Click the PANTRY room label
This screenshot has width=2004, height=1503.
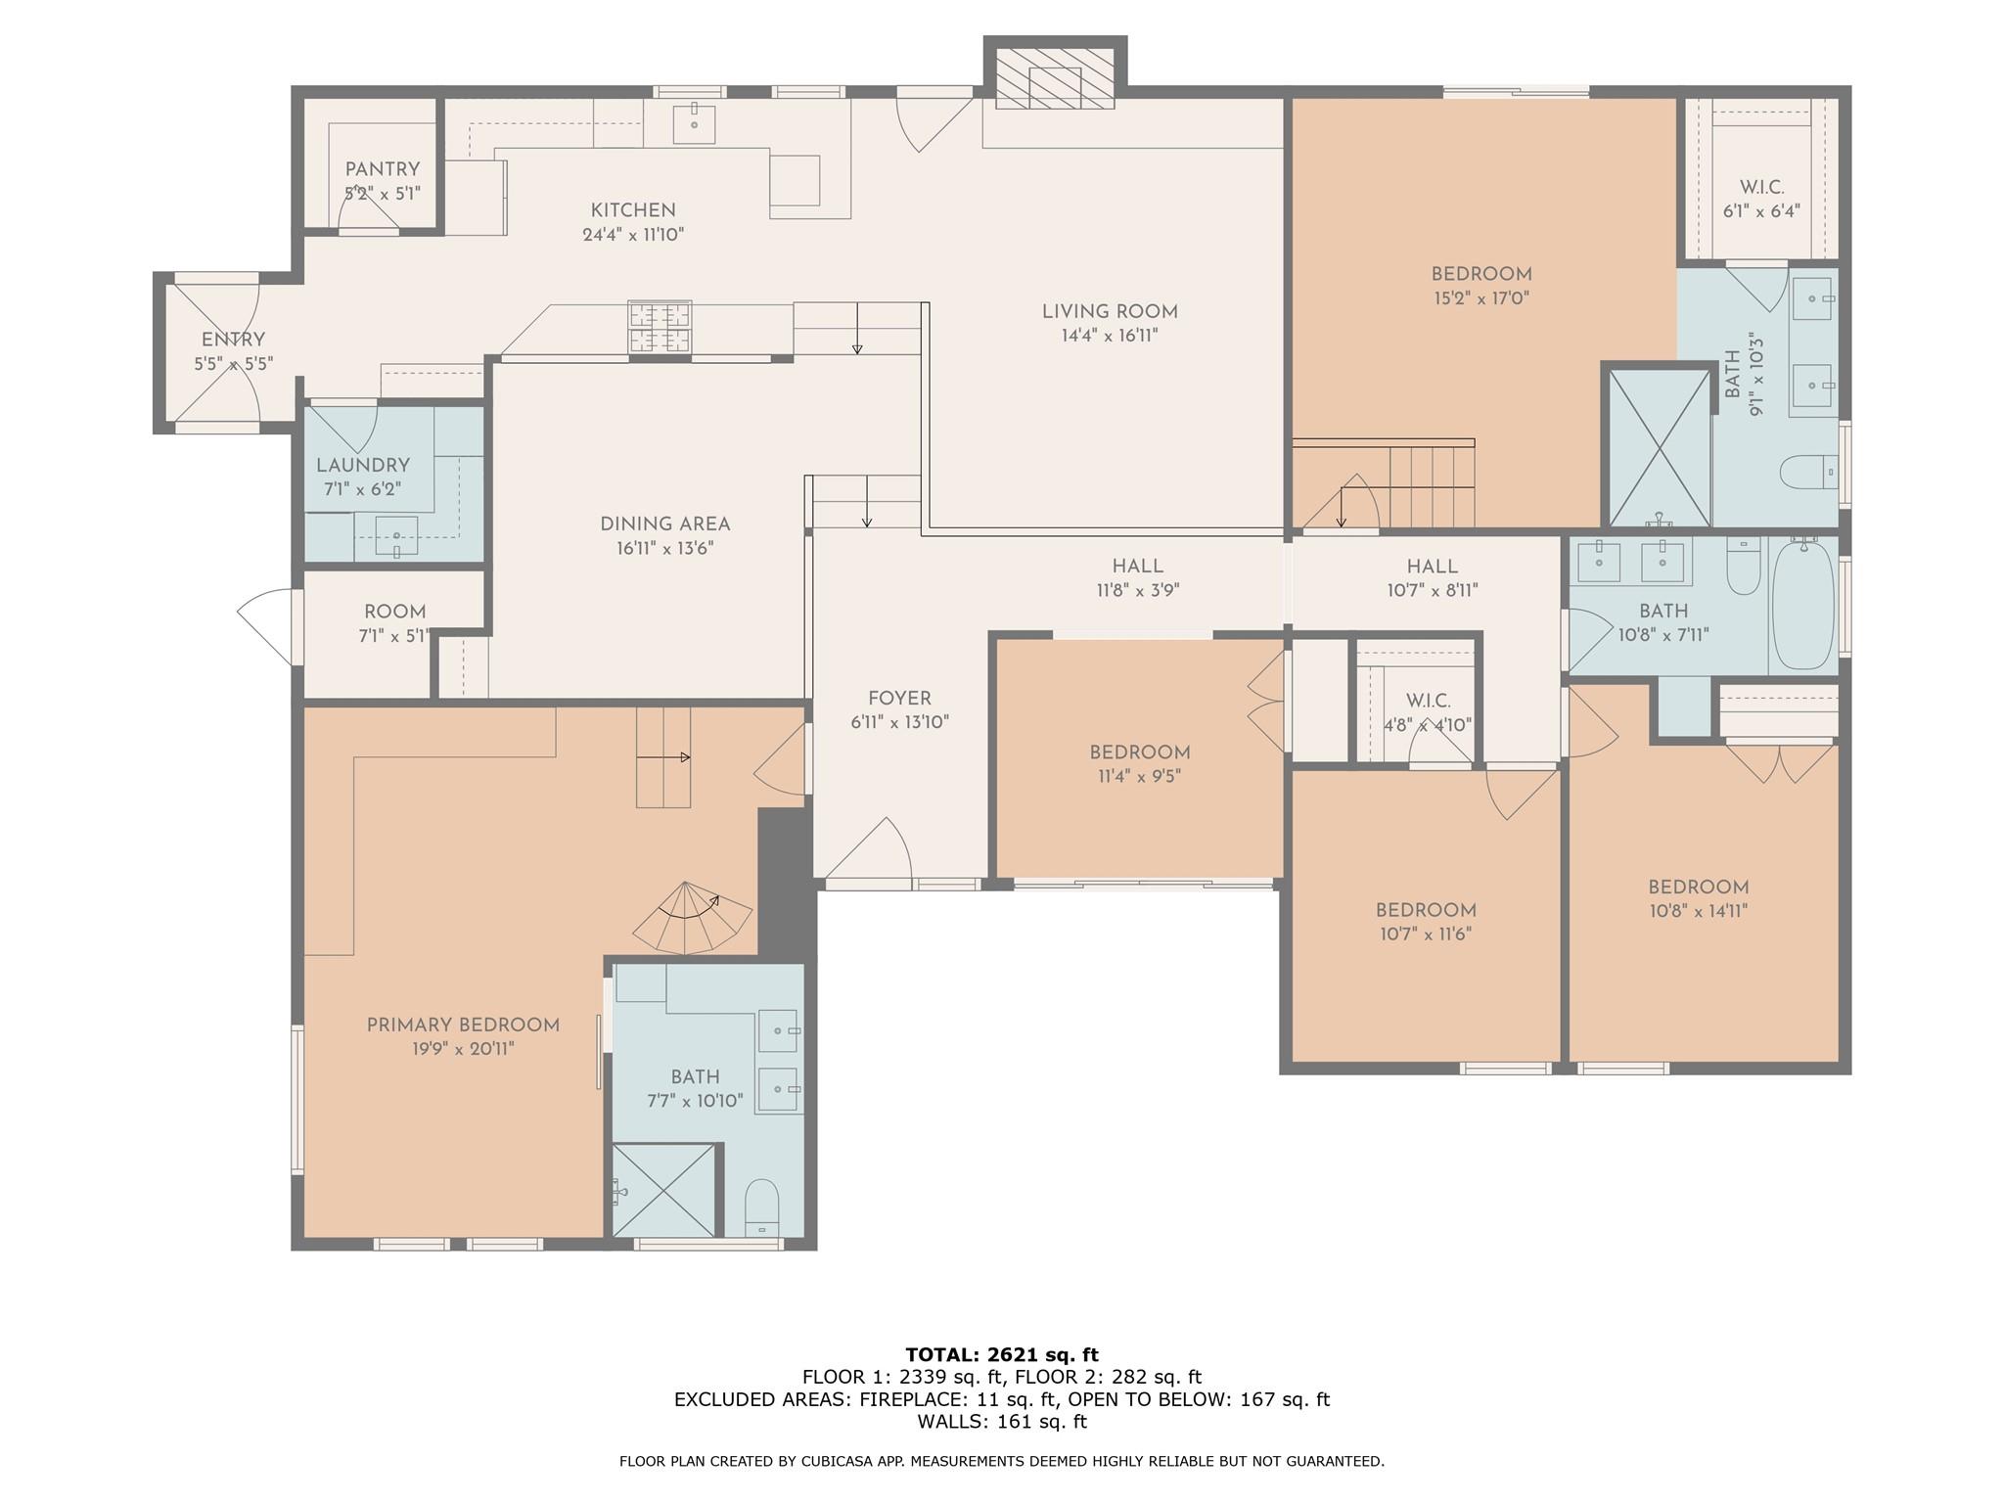382,169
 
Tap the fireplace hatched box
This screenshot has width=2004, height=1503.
1055,77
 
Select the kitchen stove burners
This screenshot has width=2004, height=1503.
660,327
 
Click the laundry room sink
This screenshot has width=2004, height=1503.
396,535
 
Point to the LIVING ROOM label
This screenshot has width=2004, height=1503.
1110,312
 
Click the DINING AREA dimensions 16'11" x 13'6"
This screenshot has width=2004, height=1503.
665,548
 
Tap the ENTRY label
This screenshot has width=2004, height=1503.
233,340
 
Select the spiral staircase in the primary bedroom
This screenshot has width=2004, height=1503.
693,917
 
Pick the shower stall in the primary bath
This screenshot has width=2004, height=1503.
664,1190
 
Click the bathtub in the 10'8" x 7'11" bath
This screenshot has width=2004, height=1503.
1803,604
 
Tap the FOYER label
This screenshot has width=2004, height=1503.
899,699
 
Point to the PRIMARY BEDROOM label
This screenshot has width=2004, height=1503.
463,1025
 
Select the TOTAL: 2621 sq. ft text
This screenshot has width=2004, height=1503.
1002,1354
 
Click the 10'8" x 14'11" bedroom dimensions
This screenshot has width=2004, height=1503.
1698,911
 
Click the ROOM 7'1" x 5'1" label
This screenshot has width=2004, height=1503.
395,623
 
